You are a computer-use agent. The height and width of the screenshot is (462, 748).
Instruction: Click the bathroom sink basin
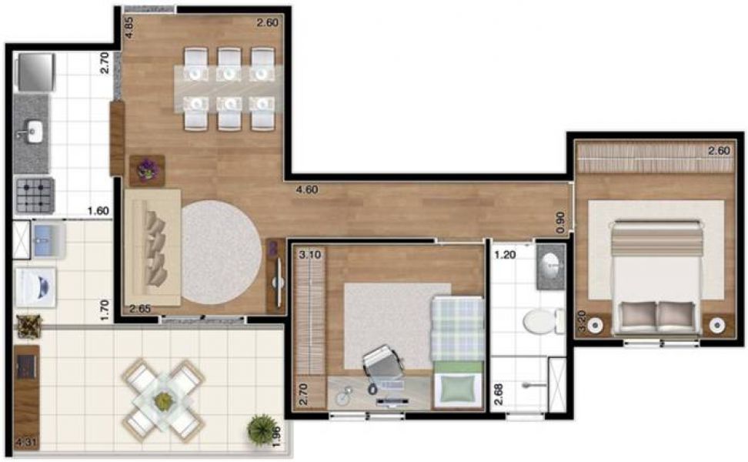click(x=551, y=266)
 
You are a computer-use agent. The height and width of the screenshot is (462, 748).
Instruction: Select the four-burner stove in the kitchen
click(x=34, y=195)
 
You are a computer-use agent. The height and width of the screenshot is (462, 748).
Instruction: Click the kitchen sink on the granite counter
click(x=32, y=132)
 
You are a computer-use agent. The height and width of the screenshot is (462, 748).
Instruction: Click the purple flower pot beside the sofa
click(x=146, y=169)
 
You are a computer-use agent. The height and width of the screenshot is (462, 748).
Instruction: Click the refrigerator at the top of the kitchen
click(x=33, y=71)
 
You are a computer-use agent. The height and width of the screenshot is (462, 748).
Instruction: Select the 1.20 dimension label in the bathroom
click(x=505, y=254)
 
